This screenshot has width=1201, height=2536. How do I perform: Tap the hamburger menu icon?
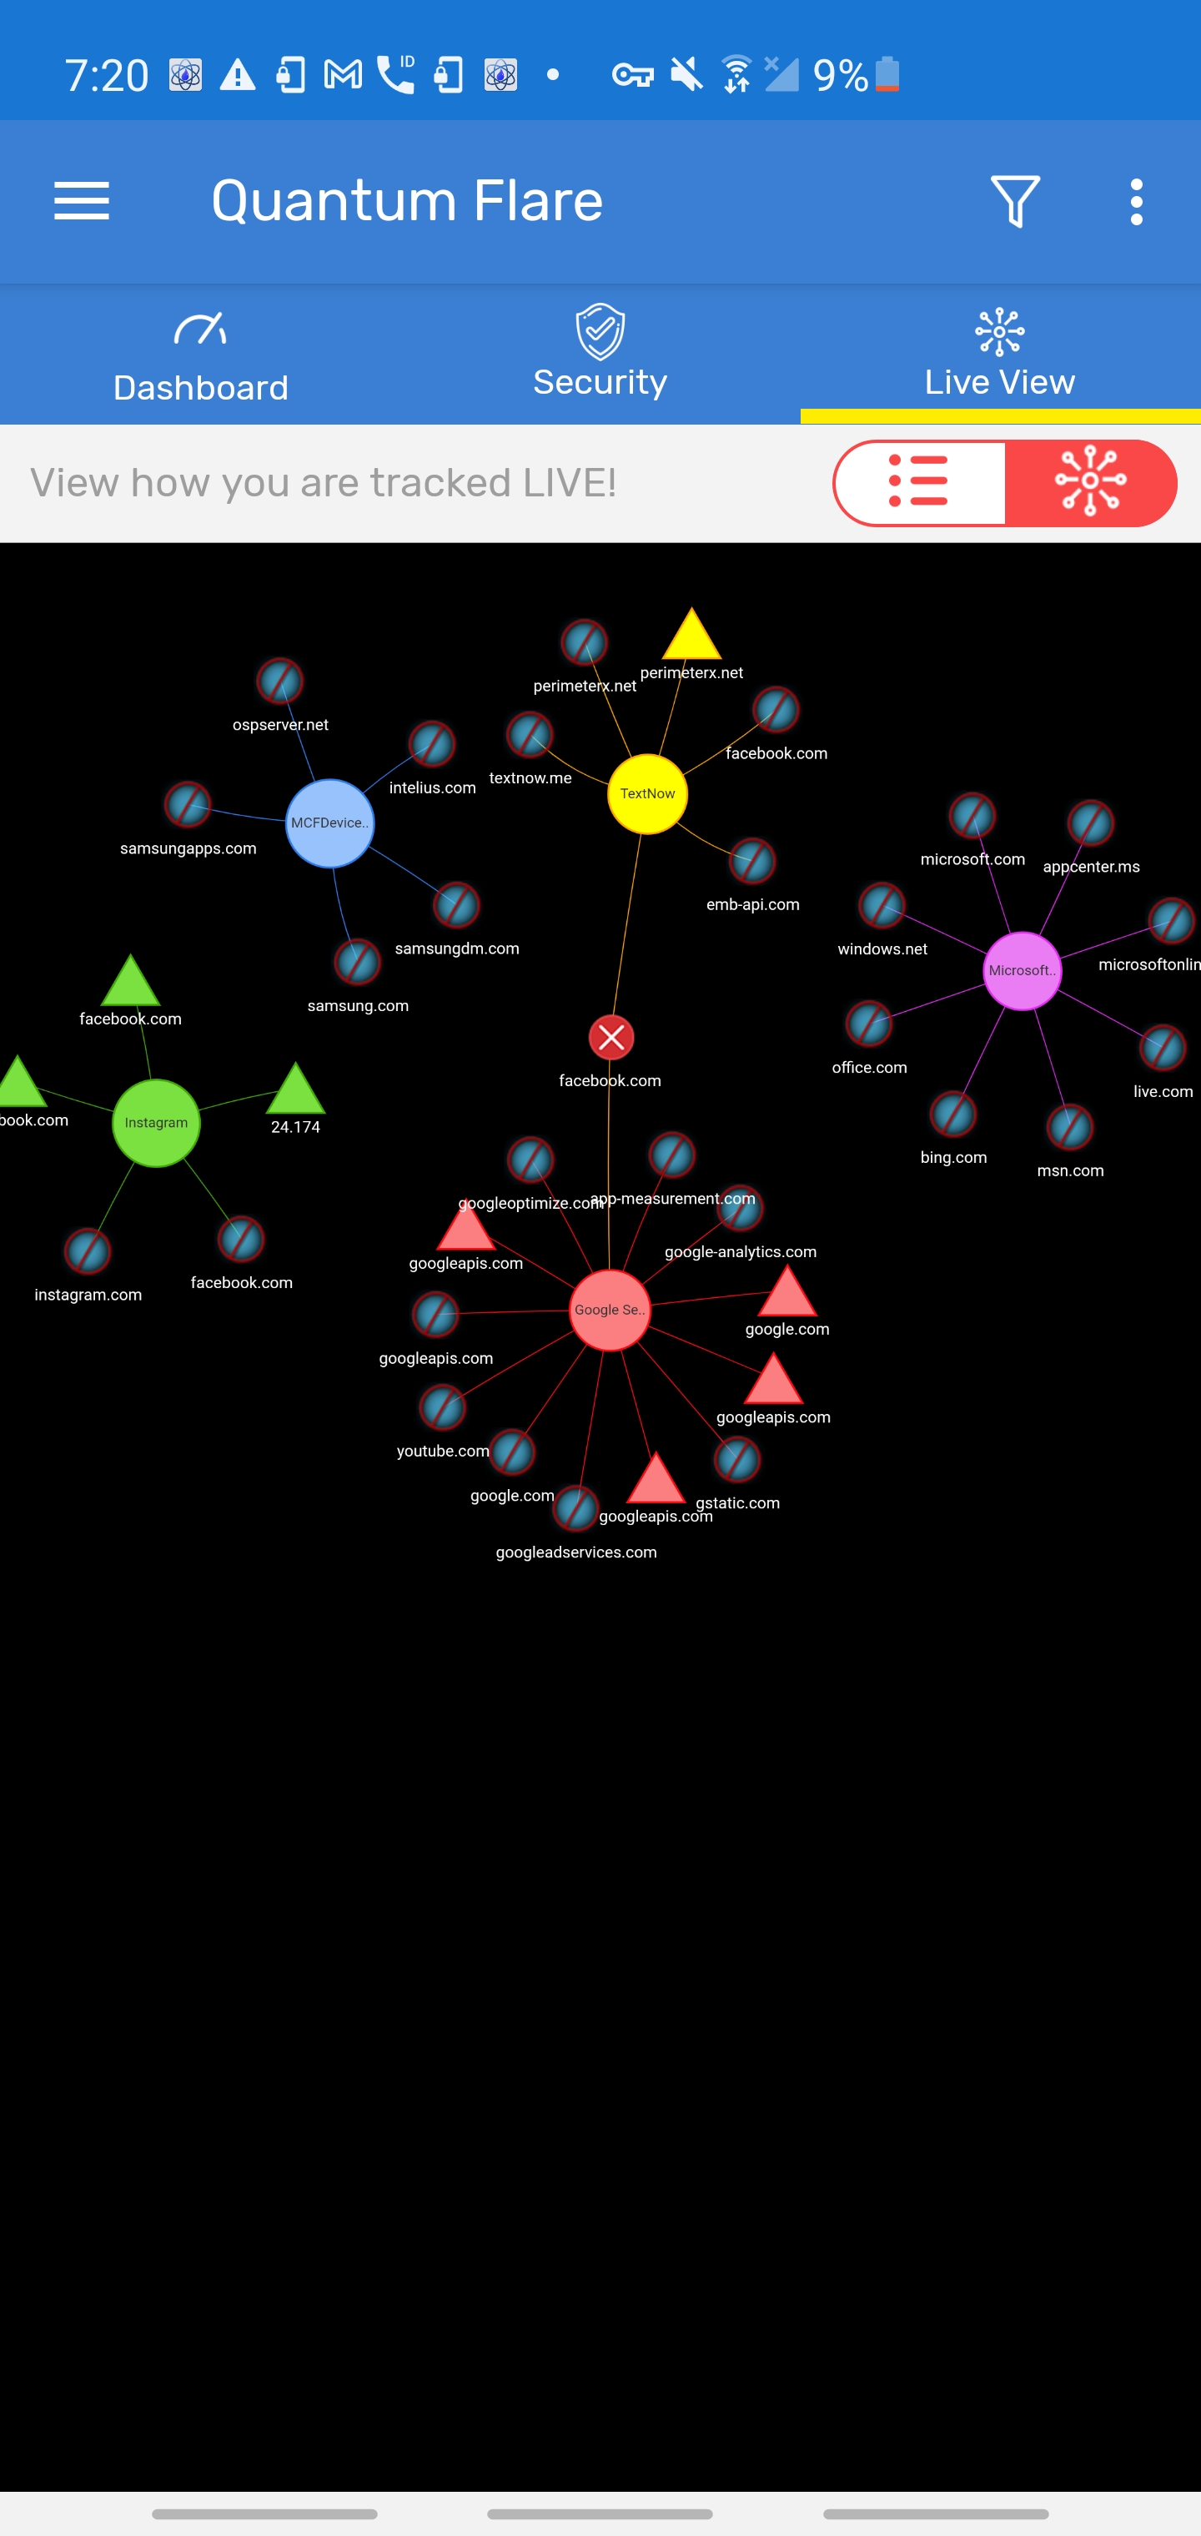[x=82, y=201]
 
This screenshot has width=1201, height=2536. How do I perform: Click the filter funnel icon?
[x=1015, y=201]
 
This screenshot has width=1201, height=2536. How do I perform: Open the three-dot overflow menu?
[x=1136, y=201]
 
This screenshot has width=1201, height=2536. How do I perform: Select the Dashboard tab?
[x=201, y=356]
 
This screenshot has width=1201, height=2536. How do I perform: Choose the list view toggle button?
[x=919, y=482]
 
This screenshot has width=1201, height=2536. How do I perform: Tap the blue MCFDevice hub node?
[x=329, y=823]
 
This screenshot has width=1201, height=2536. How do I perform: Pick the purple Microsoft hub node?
[x=1022, y=971]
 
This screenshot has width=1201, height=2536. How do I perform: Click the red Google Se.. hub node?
[x=611, y=1310]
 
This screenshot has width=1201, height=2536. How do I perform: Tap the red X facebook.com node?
[x=611, y=1038]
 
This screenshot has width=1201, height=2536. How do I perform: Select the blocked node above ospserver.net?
[x=279, y=682]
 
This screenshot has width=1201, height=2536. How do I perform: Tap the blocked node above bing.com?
[x=953, y=1115]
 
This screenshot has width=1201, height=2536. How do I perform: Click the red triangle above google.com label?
[x=786, y=1294]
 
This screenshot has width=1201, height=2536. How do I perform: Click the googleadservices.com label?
[x=575, y=1552]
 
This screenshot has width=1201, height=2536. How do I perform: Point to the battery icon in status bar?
[x=887, y=74]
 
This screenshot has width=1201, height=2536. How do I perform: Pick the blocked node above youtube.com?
[x=442, y=1408]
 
